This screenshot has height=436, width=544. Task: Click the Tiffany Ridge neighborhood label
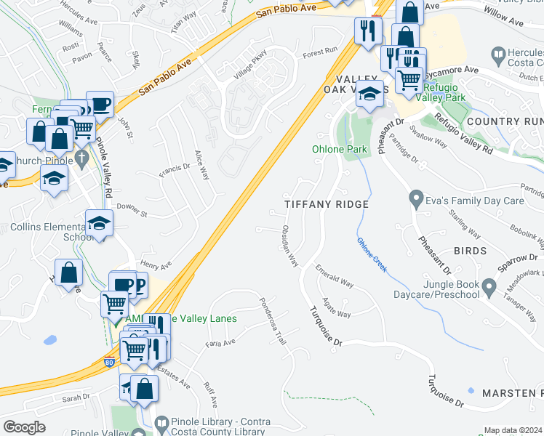pyautogui.click(x=327, y=205)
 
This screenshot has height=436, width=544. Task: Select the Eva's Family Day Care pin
pyautogui.click(x=416, y=197)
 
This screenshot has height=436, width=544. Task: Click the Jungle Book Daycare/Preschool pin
pyautogui.click(x=489, y=288)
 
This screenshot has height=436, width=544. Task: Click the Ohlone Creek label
pyautogui.click(x=370, y=256)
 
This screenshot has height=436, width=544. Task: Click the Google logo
pyautogui.click(x=23, y=427)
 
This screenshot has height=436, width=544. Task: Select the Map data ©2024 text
pyautogui.click(x=513, y=430)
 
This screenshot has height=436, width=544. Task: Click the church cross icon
pyautogui.click(x=83, y=157)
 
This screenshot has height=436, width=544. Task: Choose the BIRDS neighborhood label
pyautogui.click(x=469, y=251)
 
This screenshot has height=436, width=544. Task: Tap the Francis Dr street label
pyautogui.click(x=174, y=171)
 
